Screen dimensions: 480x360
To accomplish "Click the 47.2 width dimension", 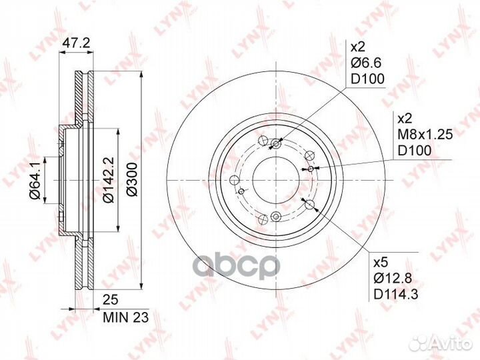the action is (76, 43).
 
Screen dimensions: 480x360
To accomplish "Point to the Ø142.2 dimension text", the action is (109, 180).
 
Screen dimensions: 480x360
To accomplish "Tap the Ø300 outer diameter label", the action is (132, 180).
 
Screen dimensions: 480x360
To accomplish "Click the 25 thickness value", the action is (110, 300).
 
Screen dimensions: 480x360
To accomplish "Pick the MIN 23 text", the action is (126, 317).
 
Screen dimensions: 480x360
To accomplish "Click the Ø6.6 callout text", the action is (366, 63).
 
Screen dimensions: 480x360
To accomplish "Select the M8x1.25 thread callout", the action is (425, 135).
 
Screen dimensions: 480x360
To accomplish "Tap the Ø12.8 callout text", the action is (393, 278).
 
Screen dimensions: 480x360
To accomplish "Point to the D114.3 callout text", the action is (396, 295).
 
